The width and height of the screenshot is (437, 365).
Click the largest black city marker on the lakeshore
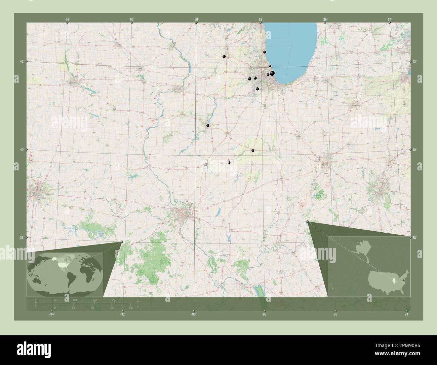click(272, 73)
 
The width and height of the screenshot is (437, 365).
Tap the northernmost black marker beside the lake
click(265, 52)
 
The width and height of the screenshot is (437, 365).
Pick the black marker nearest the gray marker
click(229, 163)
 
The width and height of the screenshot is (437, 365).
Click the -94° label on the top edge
click(67, 20)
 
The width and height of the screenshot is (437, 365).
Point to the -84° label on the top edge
click(389, 20)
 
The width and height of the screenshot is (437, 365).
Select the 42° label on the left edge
click(22, 61)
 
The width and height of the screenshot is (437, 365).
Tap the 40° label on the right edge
click(415, 150)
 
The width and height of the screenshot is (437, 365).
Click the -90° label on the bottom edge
click(193, 314)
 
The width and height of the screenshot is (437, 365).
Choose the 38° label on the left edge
click(22, 237)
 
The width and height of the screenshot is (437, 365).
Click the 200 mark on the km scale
click(114, 300)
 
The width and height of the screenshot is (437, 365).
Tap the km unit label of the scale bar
click(138, 300)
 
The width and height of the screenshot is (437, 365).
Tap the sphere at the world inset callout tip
click(122, 242)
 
